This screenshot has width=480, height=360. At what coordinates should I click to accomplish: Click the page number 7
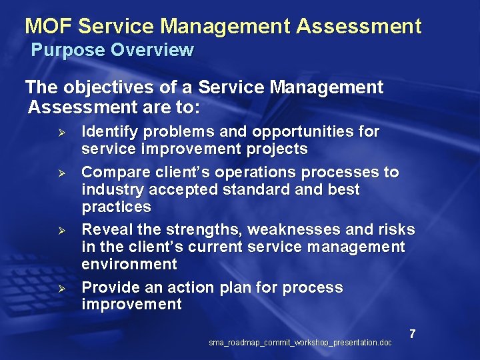[x=413, y=333]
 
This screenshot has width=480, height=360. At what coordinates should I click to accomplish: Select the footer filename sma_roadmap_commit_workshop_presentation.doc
[x=300, y=343]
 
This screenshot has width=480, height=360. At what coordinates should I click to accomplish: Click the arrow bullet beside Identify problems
[x=59, y=132]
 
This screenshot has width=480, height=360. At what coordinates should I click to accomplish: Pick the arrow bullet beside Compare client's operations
[x=59, y=173]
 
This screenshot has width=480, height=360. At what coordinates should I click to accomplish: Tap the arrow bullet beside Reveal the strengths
[x=59, y=231]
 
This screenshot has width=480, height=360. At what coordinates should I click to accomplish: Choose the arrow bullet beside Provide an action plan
[x=59, y=289]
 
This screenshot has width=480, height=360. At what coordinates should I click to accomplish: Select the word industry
[x=109, y=189]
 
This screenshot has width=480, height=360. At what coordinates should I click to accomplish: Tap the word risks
[x=397, y=230]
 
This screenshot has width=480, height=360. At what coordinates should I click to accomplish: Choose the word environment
[x=129, y=264]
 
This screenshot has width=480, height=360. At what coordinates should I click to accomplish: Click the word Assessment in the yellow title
[x=359, y=27]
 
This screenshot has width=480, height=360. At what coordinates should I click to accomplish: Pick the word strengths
[x=204, y=230]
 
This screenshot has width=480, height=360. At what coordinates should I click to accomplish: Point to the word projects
[x=276, y=149]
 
